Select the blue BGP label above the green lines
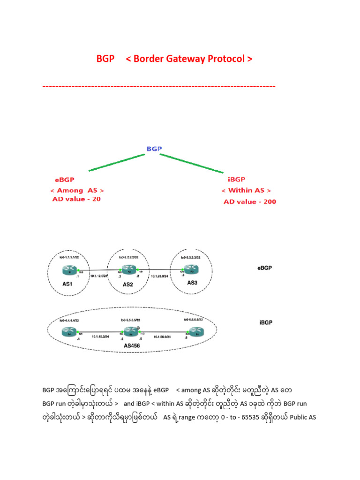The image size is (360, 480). click(x=154, y=149)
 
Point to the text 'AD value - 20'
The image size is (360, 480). click(x=76, y=199)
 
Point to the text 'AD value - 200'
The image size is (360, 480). click(x=250, y=202)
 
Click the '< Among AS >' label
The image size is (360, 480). click(x=77, y=190)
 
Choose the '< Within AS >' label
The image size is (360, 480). click(x=246, y=191)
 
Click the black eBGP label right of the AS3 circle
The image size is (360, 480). click(x=265, y=268)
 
